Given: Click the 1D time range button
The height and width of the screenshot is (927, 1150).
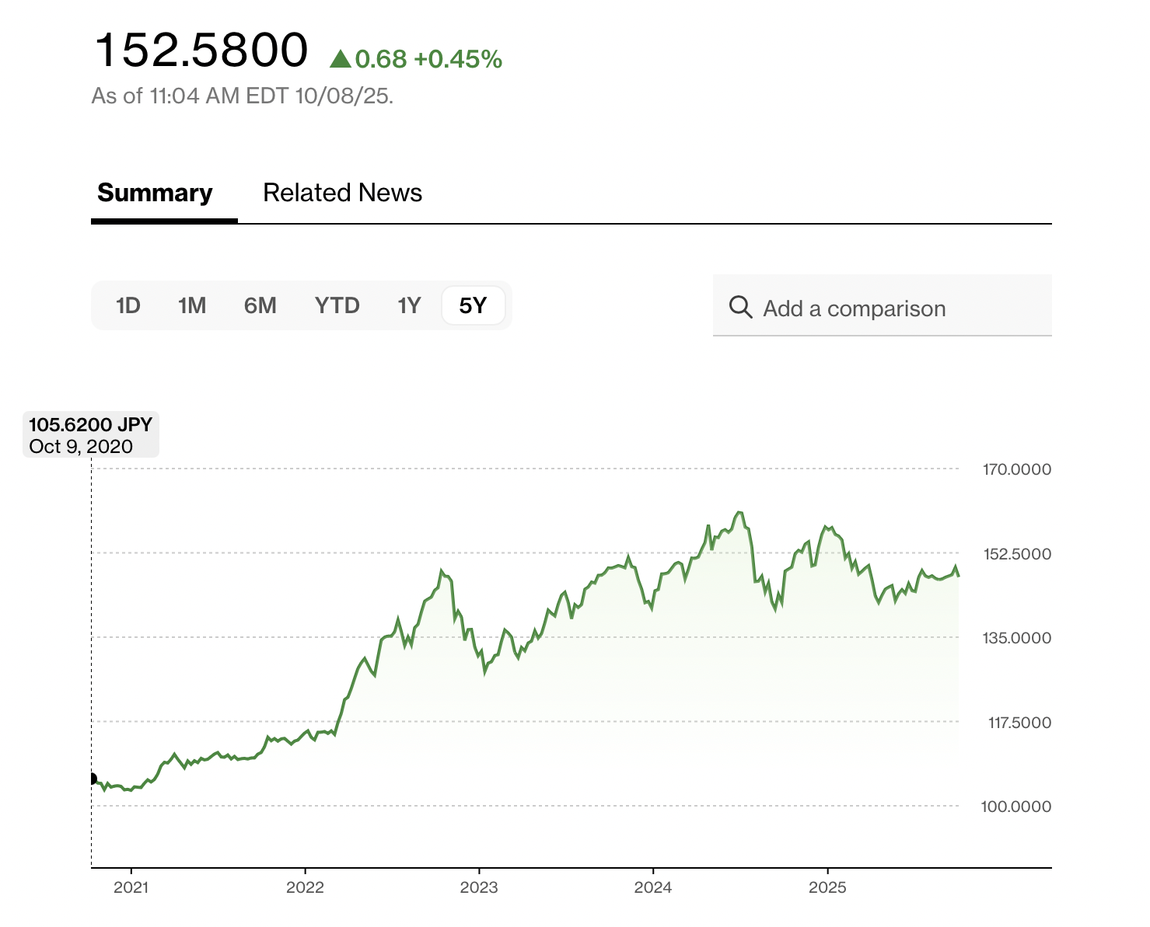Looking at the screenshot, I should pos(128,305).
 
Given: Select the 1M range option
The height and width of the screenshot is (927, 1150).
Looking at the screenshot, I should pos(192,305).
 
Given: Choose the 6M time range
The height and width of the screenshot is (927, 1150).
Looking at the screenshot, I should pos(260,305).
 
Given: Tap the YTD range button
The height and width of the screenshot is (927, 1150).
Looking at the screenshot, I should pos(337,305).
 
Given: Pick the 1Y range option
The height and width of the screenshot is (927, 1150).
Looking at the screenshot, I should pos(409,305).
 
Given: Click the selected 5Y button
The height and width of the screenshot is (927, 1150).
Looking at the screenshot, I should pos(473,305).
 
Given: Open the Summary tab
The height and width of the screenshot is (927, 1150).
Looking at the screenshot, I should pos(155,193).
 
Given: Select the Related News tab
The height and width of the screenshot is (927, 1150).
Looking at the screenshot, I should pos(342,193).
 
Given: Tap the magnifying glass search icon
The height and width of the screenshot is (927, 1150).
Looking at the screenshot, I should pos(740,308).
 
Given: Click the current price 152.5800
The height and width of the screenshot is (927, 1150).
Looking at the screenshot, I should pos(201,51).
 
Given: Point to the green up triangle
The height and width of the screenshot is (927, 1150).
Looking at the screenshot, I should pos(340,59).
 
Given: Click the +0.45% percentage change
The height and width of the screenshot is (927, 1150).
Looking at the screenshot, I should pos(458,59).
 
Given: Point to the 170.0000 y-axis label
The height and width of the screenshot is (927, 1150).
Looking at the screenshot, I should pos(1016,469).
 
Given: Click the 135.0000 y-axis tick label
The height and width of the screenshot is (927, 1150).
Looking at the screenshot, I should pos(1016,638).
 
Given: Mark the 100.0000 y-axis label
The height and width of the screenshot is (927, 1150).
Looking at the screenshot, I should pos(1015,807).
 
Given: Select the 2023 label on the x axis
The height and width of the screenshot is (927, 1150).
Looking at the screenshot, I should pos(479,887).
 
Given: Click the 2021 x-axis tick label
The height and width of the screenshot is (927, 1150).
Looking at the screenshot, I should pos(131,887).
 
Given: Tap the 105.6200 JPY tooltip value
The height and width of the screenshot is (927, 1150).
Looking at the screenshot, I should pos(90,425).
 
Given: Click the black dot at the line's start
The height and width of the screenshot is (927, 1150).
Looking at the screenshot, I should pos(92,779).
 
